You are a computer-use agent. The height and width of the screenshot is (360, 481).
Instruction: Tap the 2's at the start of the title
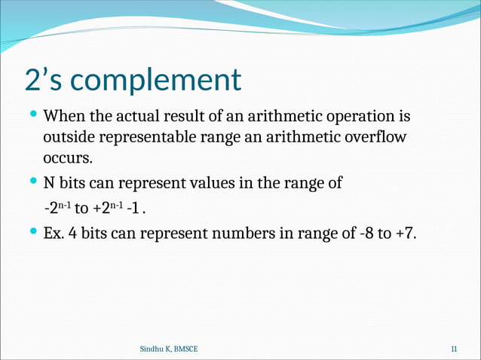[44, 79]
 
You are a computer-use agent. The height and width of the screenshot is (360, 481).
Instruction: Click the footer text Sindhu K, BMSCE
[170, 349]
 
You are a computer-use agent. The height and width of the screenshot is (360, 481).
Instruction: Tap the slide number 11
[454, 349]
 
